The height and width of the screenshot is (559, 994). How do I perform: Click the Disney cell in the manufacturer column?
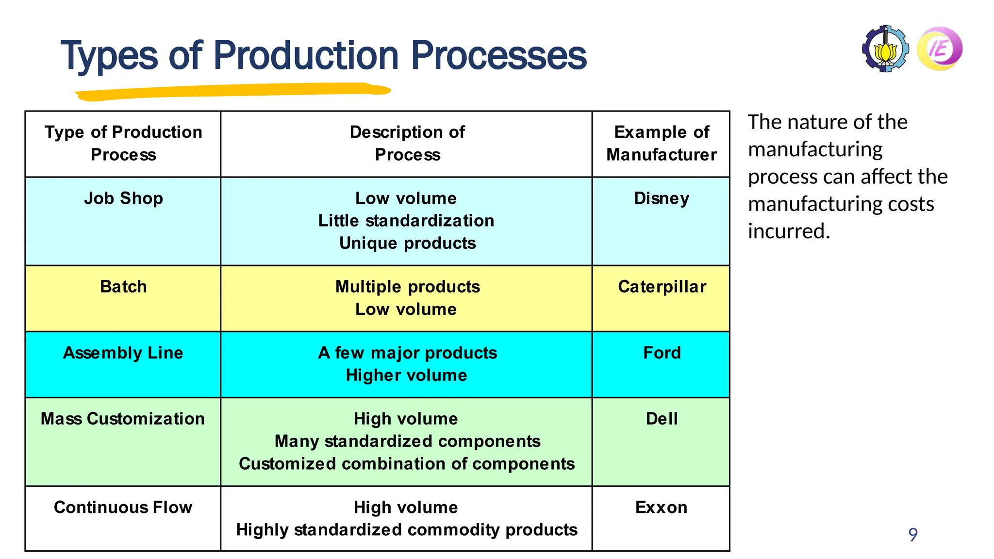pyautogui.click(x=661, y=198)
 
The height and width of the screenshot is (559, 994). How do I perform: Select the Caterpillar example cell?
pyautogui.click(x=662, y=287)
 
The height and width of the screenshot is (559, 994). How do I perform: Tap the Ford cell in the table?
pyautogui.click(x=662, y=353)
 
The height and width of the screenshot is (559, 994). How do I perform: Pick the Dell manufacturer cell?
pyautogui.click(x=661, y=419)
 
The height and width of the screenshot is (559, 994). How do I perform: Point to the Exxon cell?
pyautogui.click(x=661, y=508)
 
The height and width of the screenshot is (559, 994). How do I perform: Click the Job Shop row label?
pyautogui.click(x=123, y=198)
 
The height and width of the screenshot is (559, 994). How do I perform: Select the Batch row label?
pyautogui.click(x=123, y=287)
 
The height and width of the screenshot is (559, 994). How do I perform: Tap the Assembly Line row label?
pyautogui.click(x=123, y=353)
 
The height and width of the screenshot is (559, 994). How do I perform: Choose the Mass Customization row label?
pyautogui.click(x=123, y=419)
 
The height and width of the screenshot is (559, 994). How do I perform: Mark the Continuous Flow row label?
pyautogui.click(x=123, y=508)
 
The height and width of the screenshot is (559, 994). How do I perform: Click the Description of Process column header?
pyautogui.click(x=407, y=143)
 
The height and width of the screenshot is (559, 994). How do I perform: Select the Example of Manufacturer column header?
pyautogui.click(x=661, y=143)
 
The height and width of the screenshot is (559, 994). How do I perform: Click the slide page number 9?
pyautogui.click(x=912, y=535)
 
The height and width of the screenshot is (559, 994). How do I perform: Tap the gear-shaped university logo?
pyautogui.click(x=886, y=49)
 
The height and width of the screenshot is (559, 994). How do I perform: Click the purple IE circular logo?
pyautogui.click(x=940, y=49)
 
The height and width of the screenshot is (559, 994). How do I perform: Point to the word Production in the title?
pyautogui.click(x=306, y=55)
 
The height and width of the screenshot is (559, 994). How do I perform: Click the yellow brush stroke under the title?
pyautogui.click(x=233, y=92)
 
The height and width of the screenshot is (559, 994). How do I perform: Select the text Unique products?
pyautogui.click(x=407, y=243)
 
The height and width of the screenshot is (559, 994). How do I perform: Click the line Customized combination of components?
pyautogui.click(x=407, y=464)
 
